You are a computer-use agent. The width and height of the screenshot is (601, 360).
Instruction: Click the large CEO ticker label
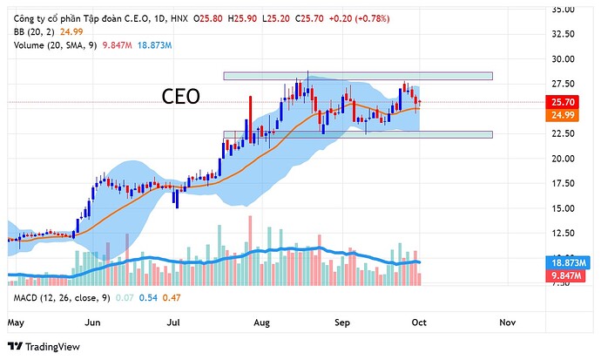tap(181, 97)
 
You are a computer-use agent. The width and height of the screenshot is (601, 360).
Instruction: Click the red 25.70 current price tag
tap(575, 102)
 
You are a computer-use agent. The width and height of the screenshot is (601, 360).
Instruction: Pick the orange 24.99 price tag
tap(575, 115)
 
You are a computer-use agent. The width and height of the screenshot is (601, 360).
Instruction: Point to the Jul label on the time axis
tap(173, 322)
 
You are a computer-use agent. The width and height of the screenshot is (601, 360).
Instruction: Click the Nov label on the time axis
tap(507, 322)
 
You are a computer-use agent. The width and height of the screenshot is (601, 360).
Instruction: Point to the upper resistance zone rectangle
tap(357, 77)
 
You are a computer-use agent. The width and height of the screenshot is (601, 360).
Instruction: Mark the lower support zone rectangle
tap(357, 134)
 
